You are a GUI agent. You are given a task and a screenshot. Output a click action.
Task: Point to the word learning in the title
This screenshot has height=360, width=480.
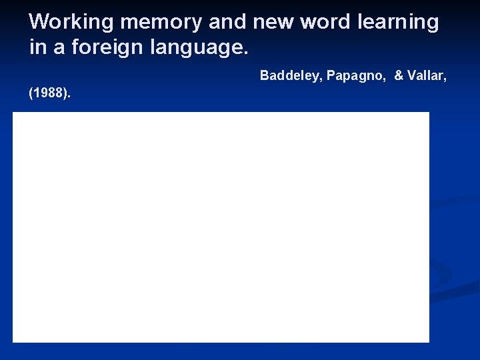point(398,22)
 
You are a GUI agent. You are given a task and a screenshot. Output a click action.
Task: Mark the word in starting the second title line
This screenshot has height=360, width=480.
point(37,48)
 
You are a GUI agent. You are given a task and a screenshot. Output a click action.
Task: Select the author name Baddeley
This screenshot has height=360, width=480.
point(291,75)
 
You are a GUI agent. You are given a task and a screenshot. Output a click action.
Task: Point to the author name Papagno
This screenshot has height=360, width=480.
point(357,75)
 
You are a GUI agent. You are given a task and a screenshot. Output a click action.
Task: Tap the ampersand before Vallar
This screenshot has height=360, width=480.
point(399,75)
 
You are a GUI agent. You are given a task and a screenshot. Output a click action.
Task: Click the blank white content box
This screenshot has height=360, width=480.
point(221,227)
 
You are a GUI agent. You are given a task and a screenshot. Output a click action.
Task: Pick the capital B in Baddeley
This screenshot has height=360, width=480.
point(264,75)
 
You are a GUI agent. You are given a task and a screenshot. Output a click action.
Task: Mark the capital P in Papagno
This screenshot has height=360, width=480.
point(331,75)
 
